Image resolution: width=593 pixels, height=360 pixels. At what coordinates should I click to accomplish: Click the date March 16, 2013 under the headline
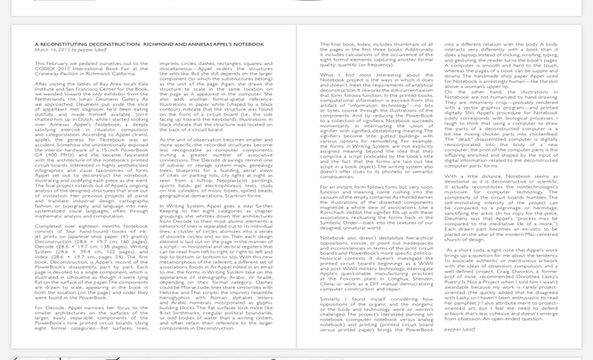point(50,50)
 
